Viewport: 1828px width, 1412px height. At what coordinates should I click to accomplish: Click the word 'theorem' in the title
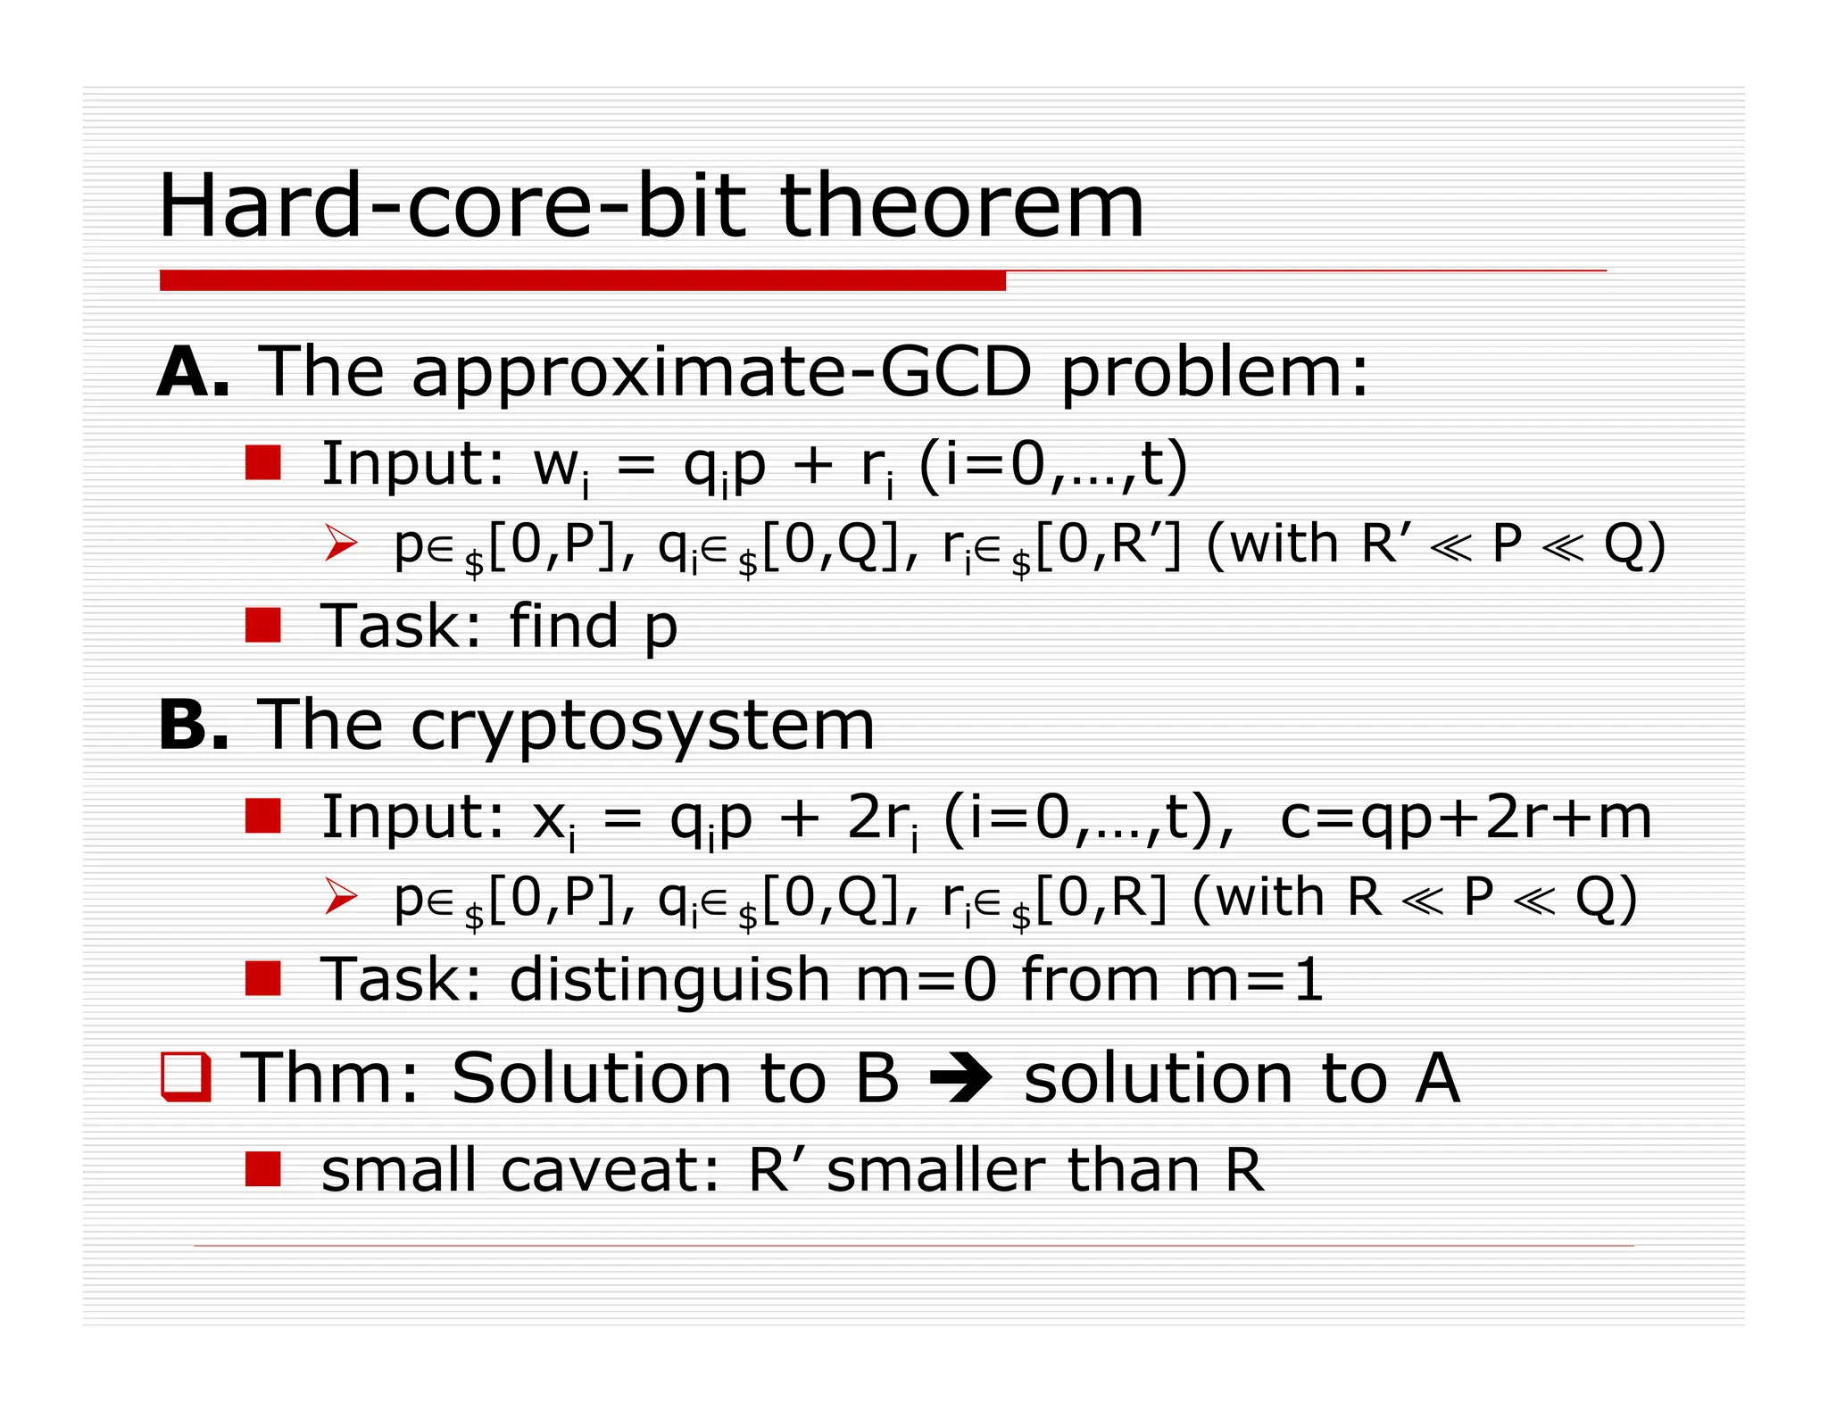point(961,207)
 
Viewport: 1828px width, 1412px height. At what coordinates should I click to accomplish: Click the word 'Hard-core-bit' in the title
point(451,207)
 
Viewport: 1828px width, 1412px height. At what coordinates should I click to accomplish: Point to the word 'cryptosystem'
point(643,727)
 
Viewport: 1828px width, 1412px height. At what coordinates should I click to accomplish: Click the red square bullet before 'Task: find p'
point(263,626)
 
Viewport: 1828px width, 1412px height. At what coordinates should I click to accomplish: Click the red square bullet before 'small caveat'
point(263,1169)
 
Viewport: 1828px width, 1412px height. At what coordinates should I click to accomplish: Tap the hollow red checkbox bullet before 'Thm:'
point(186,1077)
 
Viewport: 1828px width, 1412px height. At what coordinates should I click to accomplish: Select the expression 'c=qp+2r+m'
point(1465,818)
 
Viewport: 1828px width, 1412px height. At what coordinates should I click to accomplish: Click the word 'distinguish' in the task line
point(669,980)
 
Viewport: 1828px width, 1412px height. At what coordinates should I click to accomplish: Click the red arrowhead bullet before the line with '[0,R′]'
point(341,543)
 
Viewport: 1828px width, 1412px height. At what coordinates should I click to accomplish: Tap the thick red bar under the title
point(582,280)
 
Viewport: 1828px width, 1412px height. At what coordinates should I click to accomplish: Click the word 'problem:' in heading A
point(1214,372)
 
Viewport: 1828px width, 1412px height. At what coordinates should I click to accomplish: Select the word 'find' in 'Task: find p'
point(563,626)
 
